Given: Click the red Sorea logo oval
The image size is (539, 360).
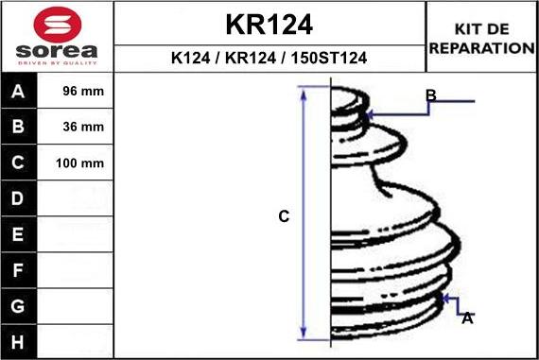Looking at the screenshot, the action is (x=58, y=25).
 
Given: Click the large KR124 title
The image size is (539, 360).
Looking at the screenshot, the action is (x=269, y=25).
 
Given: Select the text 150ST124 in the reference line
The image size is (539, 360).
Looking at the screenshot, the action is (x=329, y=58).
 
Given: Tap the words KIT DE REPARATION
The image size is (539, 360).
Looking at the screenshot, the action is (x=482, y=39).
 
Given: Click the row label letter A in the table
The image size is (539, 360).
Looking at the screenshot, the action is (x=18, y=92).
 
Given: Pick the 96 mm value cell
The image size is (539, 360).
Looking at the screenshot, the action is (x=75, y=91).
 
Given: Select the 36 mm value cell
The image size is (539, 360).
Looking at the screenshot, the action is (x=75, y=127).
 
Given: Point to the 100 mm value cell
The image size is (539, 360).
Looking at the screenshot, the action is (x=75, y=163).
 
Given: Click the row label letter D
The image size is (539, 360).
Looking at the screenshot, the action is (x=18, y=198).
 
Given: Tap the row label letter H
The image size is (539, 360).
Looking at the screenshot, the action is (x=18, y=342).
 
